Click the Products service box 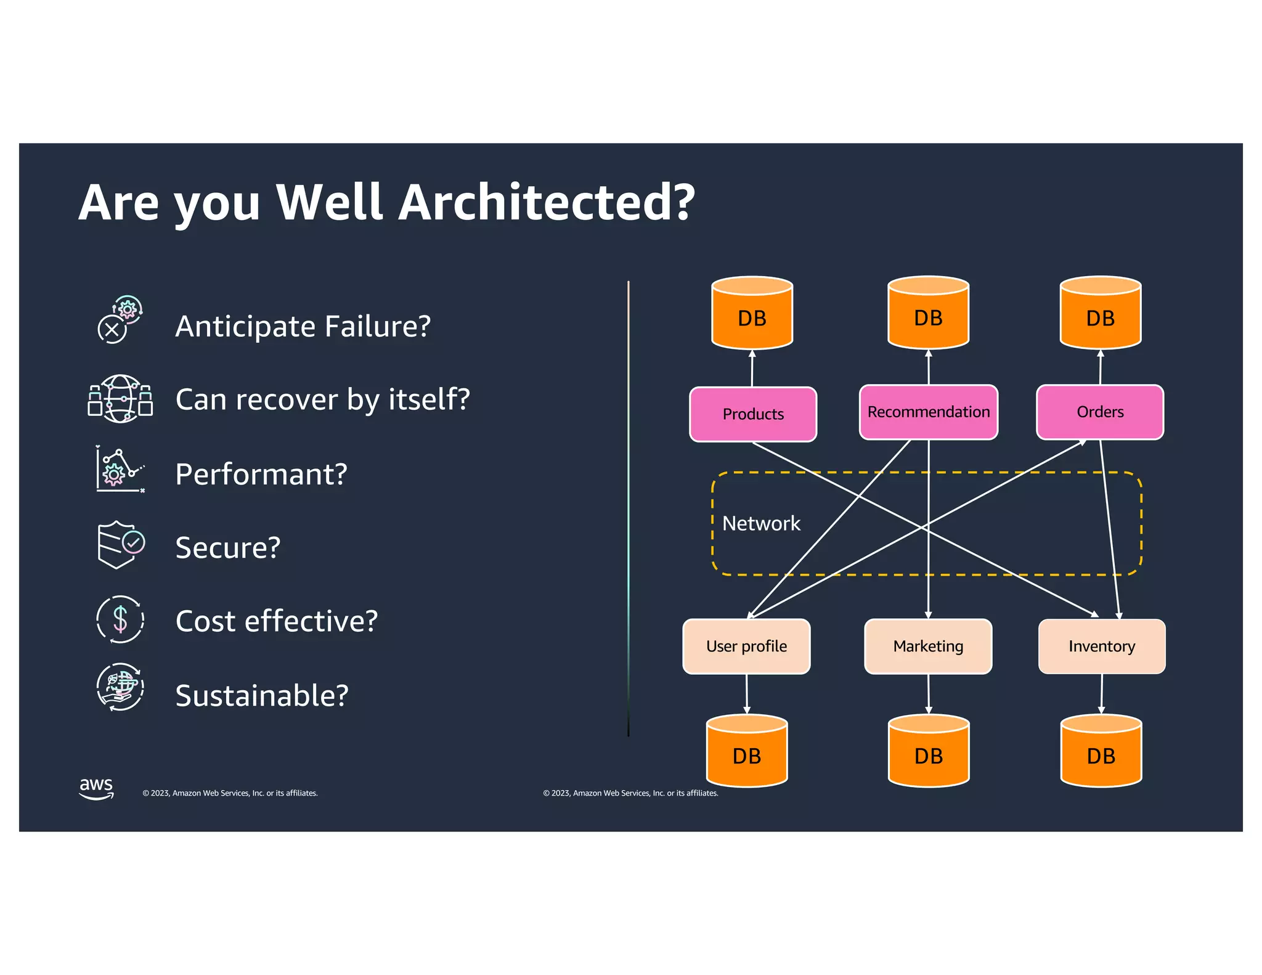(x=752, y=414)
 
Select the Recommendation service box (x=928, y=412)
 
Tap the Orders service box (x=1099, y=412)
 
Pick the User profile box (x=746, y=646)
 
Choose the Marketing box (x=928, y=646)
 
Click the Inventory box (x=1101, y=646)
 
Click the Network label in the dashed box (x=760, y=523)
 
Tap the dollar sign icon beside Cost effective (x=120, y=619)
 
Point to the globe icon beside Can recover (x=120, y=399)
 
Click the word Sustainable (x=261, y=695)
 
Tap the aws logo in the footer (x=96, y=788)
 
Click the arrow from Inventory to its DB (x=1101, y=693)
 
